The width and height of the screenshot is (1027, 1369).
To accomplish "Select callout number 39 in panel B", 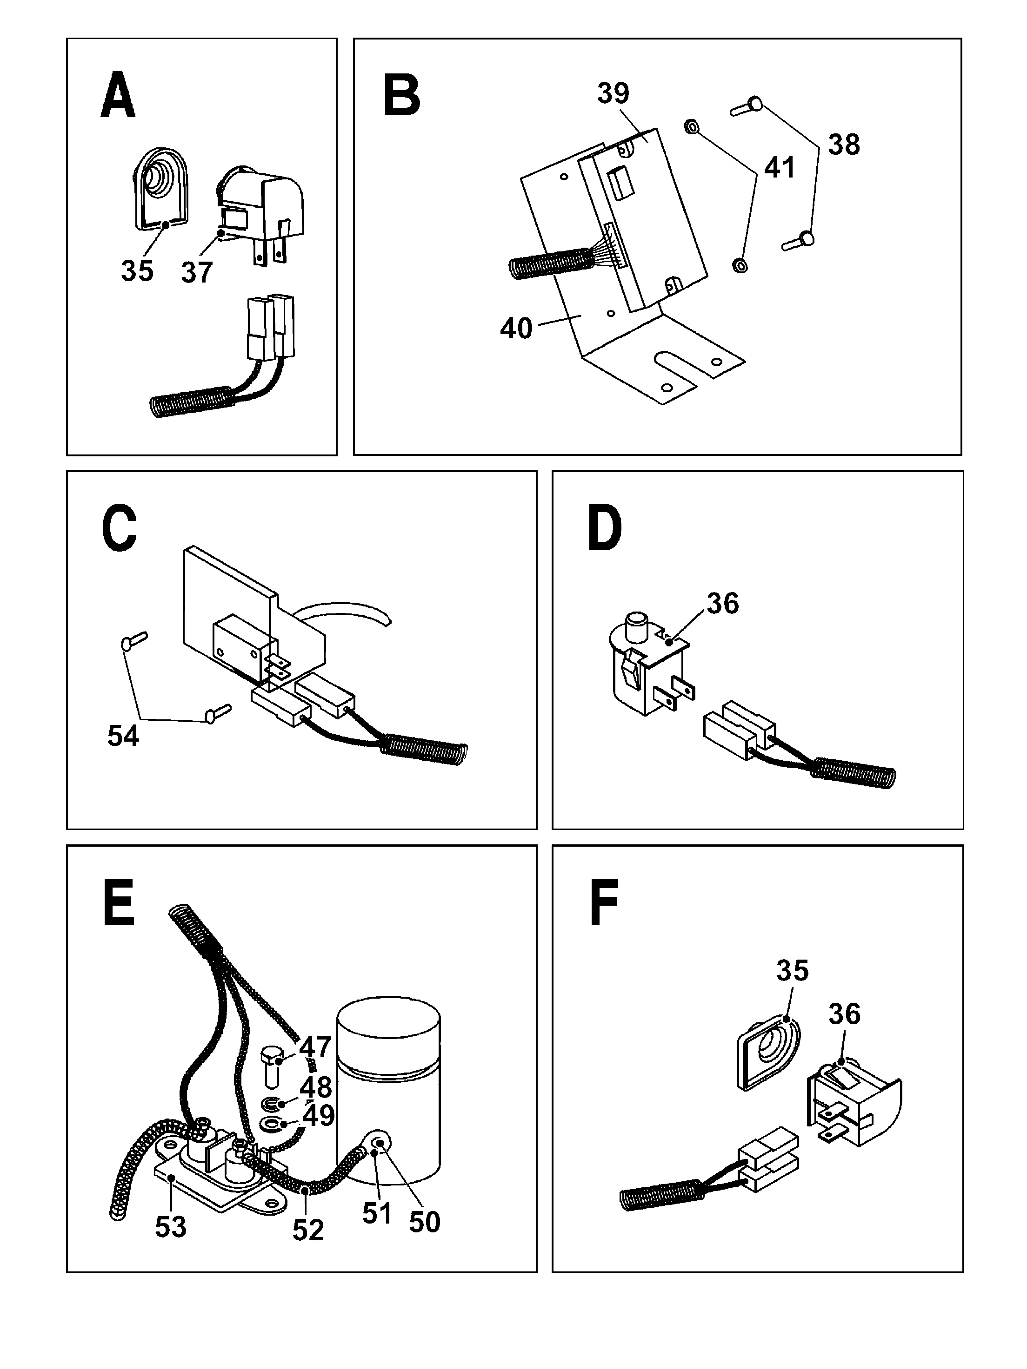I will click(x=613, y=93).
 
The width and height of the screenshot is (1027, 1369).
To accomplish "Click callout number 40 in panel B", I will click(x=515, y=329).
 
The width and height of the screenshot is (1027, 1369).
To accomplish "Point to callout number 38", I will click(x=844, y=145).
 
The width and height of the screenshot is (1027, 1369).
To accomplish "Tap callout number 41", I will click(x=779, y=168).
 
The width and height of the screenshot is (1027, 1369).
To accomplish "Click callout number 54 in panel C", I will click(x=123, y=736).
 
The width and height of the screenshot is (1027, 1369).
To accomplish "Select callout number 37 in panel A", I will click(x=196, y=272).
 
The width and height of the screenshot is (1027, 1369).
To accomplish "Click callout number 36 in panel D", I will click(x=722, y=604).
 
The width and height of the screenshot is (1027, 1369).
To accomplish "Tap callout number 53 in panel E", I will click(x=170, y=1227).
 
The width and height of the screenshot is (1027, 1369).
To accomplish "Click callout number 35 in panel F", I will click(x=792, y=970).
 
